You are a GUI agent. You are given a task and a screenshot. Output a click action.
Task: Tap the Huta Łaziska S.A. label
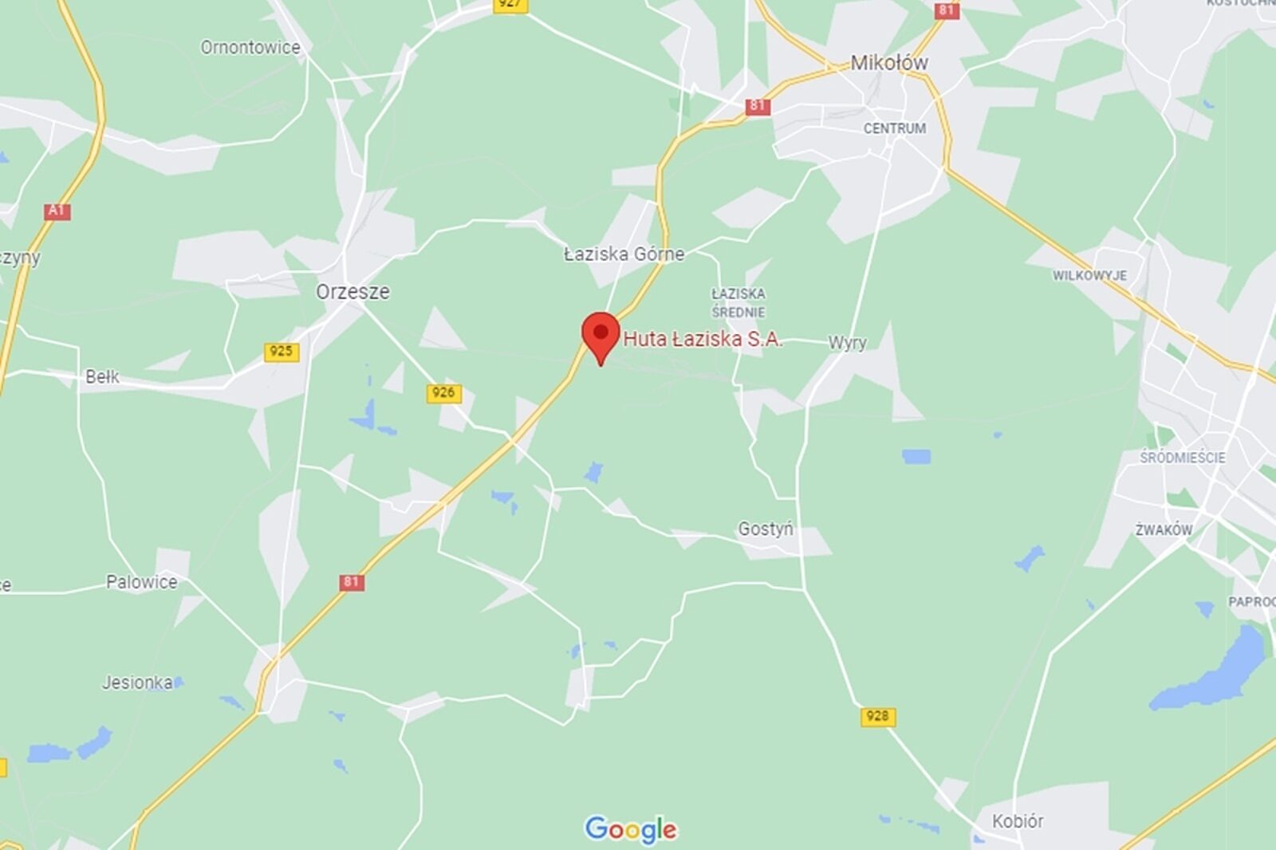coord(702,339)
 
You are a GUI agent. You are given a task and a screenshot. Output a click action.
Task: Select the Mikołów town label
coord(888,62)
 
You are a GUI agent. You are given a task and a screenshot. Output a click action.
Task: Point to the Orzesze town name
coord(352,291)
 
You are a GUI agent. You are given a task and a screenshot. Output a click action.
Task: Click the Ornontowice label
coord(250,47)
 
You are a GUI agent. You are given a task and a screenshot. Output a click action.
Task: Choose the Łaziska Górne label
coord(624,254)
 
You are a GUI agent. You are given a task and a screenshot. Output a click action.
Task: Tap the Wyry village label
coord(847,343)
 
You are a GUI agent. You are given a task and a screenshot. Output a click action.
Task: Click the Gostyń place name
coord(766,529)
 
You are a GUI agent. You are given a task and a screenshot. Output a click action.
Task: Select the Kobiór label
coord(1018,820)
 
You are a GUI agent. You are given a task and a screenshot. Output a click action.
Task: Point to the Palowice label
coord(142,582)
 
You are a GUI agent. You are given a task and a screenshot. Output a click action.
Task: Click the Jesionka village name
coord(137,683)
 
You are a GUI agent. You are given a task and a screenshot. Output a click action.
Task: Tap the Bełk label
coord(102,376)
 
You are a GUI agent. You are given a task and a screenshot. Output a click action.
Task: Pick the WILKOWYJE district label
coord(1089,275)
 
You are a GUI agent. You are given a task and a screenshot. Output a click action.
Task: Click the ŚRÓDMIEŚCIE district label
coord(1182,458)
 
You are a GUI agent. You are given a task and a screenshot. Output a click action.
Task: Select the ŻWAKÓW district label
coord(1164,529)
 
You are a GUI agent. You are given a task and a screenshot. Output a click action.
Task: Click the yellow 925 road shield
coord(282,352)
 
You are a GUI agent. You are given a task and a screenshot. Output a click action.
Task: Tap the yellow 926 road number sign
coord(443,392)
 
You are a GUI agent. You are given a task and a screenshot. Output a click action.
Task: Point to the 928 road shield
coord(877,716)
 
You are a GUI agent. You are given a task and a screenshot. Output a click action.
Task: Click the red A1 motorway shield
coord(57,211)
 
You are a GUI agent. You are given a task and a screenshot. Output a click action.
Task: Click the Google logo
coord(631,829)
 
